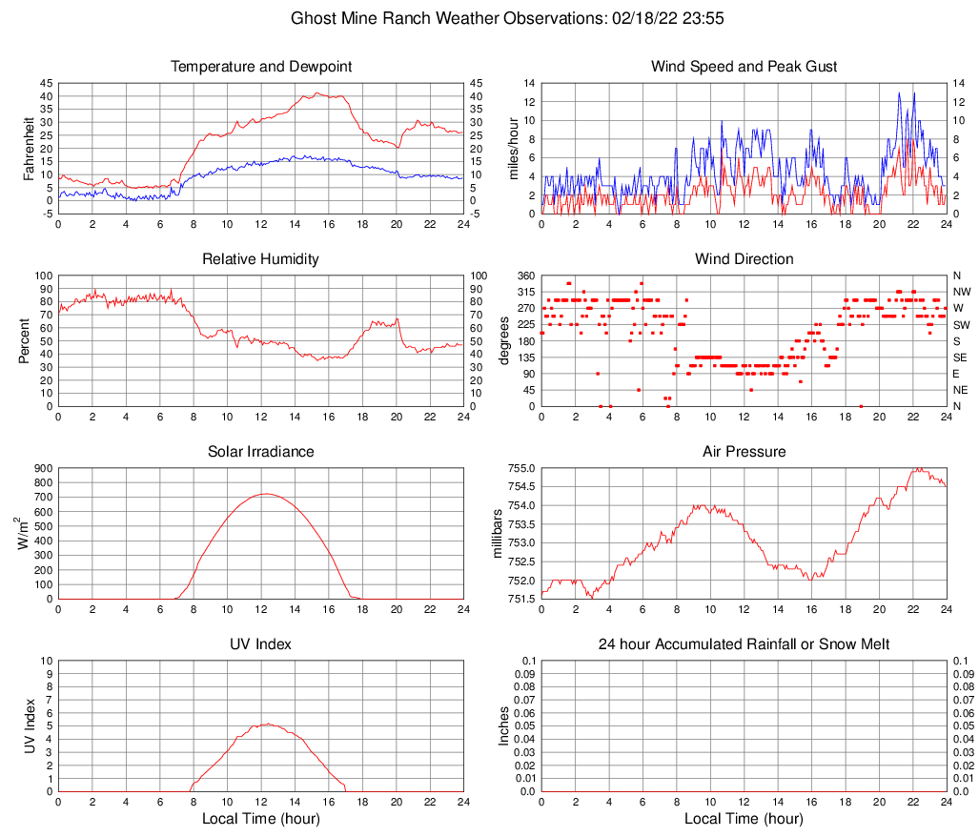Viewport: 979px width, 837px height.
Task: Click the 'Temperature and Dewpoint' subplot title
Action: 261,67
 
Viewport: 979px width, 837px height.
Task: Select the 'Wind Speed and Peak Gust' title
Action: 744,67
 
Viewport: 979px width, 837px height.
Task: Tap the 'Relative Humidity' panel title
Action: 261,259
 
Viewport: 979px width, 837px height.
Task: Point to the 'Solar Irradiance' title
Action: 261,452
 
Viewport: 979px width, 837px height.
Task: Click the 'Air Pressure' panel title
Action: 744,452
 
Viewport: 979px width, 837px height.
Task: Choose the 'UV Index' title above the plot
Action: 261,644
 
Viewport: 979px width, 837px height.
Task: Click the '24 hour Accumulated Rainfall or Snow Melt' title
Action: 744,644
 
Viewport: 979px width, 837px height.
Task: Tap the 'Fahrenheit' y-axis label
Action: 29,149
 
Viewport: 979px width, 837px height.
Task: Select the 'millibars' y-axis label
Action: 497,534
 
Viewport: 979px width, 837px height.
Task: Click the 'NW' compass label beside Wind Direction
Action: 961,292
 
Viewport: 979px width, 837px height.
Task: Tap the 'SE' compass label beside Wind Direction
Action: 960,357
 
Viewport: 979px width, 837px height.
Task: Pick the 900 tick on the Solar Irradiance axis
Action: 42,468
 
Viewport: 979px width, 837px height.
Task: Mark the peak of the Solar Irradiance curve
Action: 266,494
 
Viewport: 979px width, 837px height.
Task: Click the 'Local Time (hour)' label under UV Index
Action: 261,819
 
